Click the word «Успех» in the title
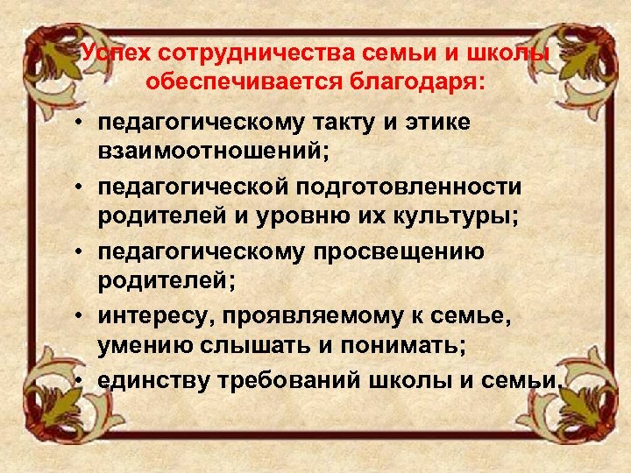[x=109, y=53]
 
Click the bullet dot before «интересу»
[x=80, y=314]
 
